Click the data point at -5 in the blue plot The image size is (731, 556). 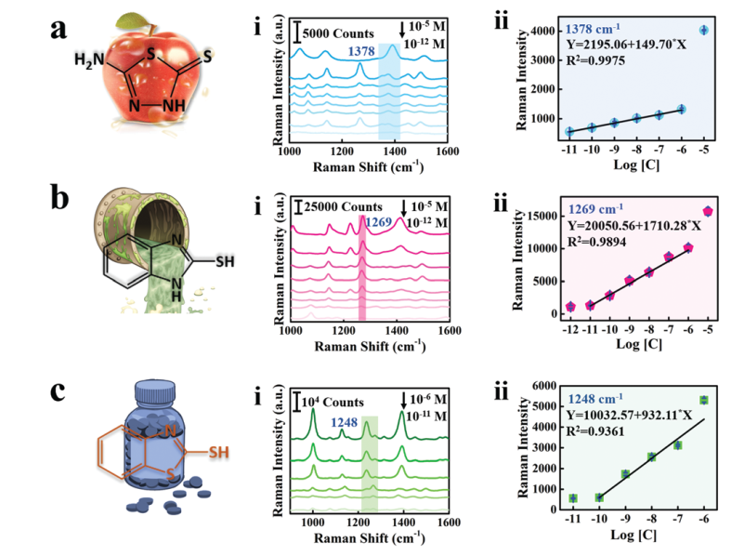tap(703, 30)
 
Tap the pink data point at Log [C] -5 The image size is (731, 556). tap(708, 211)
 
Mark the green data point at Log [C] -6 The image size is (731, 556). tap(704, 400)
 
